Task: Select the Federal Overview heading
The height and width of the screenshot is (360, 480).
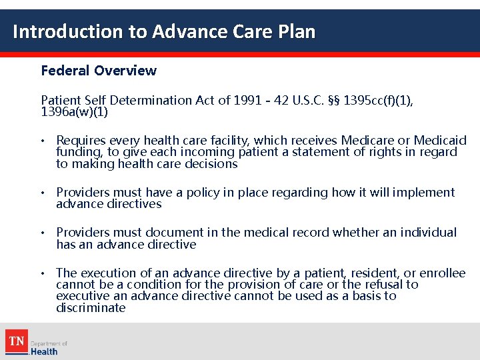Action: [x=99, y=71]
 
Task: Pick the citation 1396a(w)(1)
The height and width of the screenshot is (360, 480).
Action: [x=74, y=112]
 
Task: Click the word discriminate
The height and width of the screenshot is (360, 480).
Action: [x=91, y=308]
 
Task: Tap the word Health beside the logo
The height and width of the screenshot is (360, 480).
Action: [x=44, y=351]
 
